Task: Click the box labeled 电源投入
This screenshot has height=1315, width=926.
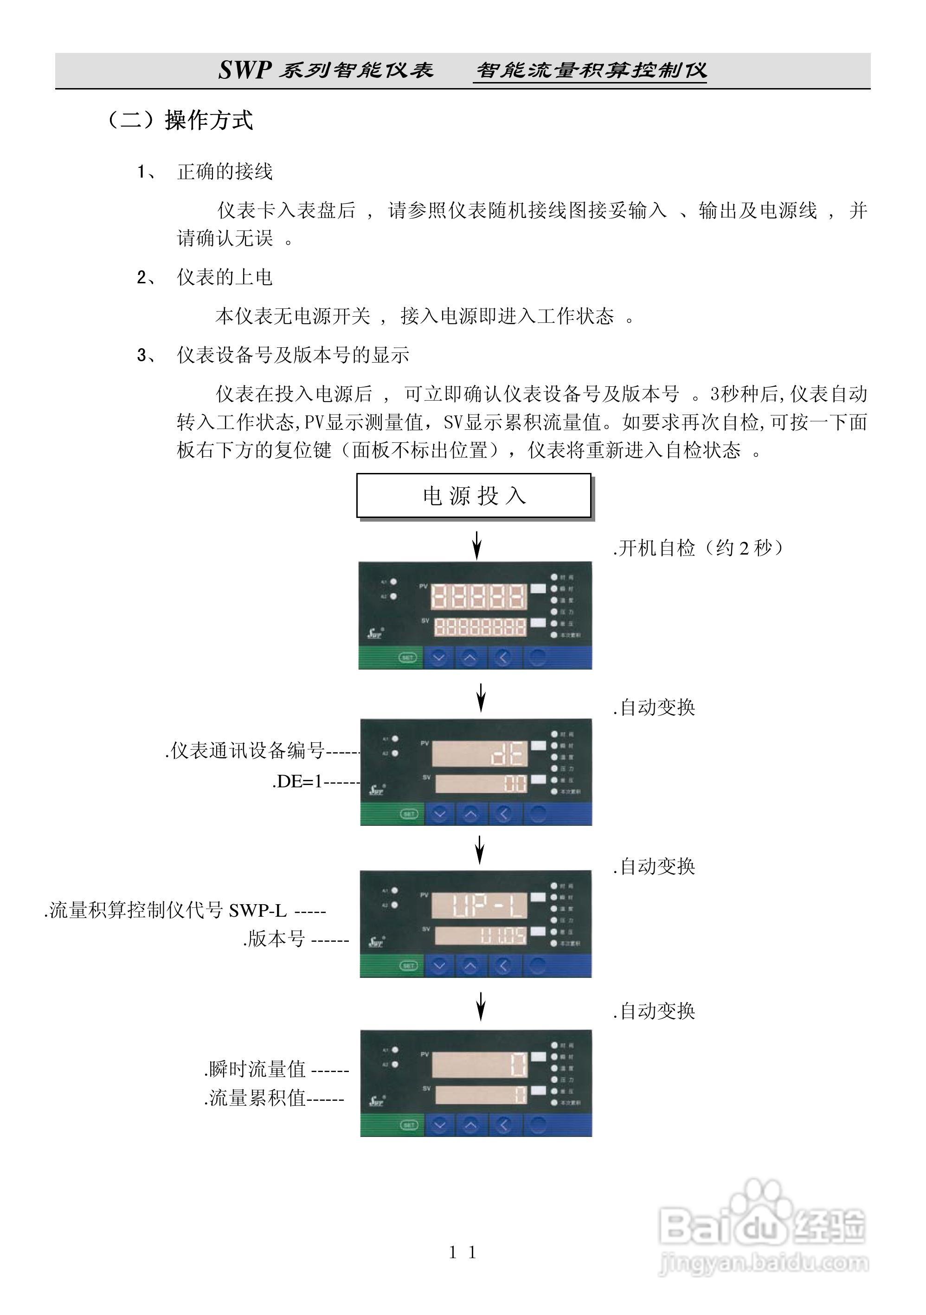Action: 473,495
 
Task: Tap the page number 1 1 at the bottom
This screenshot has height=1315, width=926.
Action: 463,1252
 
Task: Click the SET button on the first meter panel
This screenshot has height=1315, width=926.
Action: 407,657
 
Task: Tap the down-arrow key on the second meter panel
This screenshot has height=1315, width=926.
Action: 439,813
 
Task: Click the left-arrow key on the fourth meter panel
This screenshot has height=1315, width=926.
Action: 503,1125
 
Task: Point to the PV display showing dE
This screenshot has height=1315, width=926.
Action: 479,754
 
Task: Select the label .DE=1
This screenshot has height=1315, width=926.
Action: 298,781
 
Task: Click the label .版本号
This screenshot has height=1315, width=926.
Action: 274,938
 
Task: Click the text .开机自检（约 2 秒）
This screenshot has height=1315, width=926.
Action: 698,548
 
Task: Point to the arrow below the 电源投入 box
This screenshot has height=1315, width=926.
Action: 476,544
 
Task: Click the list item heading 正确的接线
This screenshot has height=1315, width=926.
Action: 225,171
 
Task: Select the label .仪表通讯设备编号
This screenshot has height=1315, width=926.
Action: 246,750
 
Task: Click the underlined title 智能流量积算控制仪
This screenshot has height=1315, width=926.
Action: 590,70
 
